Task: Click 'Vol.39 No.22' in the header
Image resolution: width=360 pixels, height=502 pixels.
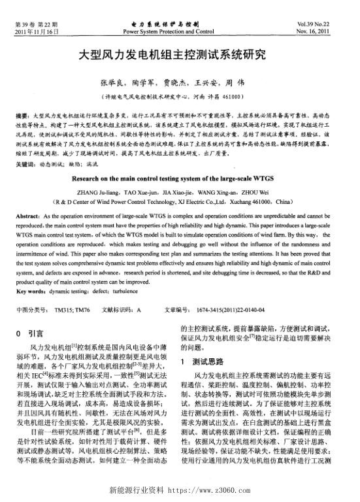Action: pyautogui.click(x=327, y=24)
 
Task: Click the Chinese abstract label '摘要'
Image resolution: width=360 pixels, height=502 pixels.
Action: pyautogui.click(x=20, y=115)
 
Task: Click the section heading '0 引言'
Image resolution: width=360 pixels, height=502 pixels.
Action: pyautogui.click(x=29, y=333)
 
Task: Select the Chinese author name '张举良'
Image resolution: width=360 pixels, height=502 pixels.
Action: pyautogui.click(x=110, y=83)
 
